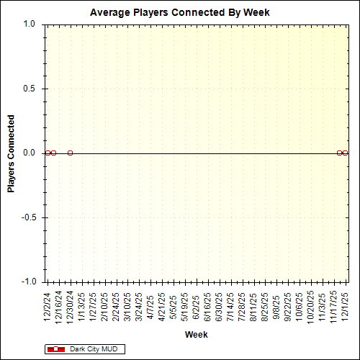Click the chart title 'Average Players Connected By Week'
[179, 13]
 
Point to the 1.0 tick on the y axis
[30, 24]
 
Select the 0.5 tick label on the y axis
[30, 89]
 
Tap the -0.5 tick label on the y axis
[28, 217]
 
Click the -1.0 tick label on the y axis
[28, 282]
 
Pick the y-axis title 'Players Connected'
[12, 153]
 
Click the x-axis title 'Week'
[196, 335]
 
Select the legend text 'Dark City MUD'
[93, 349]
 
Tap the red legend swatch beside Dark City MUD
[55, 349]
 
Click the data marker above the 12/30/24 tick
[70, 153]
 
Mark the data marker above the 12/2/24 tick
[48, 153]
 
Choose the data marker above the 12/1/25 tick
[346, 153]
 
